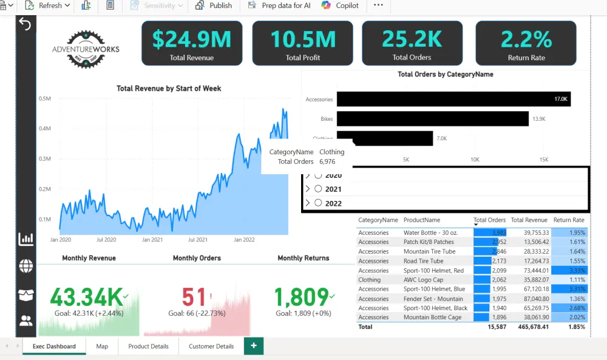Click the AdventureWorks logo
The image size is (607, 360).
point(86,49)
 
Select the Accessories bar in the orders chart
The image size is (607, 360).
point(453,99)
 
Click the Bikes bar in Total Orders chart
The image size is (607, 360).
point(432,119)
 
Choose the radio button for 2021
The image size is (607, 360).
point(318,189)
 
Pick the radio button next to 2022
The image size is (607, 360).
point(318,203)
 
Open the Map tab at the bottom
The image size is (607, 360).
point(102,346)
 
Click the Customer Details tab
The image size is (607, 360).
point(211,346)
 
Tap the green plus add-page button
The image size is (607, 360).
point(254,346)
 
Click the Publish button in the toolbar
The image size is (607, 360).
point(214,5)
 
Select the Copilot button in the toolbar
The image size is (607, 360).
point(341,5)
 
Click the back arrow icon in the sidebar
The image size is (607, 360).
point(25,24)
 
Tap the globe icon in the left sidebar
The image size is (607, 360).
point(26,266)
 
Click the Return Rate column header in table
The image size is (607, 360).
point(569,220)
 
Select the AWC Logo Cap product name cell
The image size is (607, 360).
point(424,280)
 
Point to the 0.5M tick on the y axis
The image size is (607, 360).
point(44,98)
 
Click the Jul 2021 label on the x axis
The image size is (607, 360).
point(198,240)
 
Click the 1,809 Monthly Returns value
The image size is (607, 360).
point(301,297)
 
